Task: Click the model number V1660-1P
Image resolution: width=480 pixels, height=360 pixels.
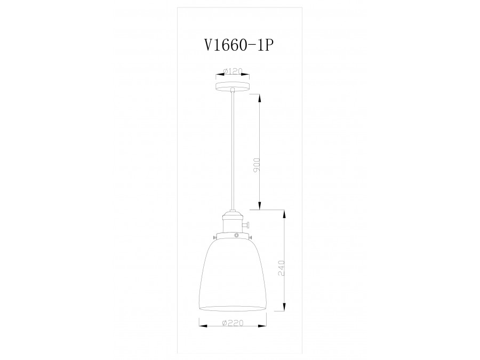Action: click(x=235, y=45)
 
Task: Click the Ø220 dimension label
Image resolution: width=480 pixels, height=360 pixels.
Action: click(x=233, y=323)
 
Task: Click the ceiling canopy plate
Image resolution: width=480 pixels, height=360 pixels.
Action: click(x=233, y=85)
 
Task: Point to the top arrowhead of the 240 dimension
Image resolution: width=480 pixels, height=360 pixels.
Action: click(x=284, y=212)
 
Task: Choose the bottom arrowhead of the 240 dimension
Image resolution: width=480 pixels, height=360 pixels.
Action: click(x=284, y=308)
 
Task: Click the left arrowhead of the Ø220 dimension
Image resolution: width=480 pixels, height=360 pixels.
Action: click(x=201, y=323)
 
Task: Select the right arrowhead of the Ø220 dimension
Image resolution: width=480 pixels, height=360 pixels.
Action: click(x=265, y=323)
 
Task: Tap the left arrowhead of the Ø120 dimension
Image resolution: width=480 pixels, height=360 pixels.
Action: click(x=218, y=75)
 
